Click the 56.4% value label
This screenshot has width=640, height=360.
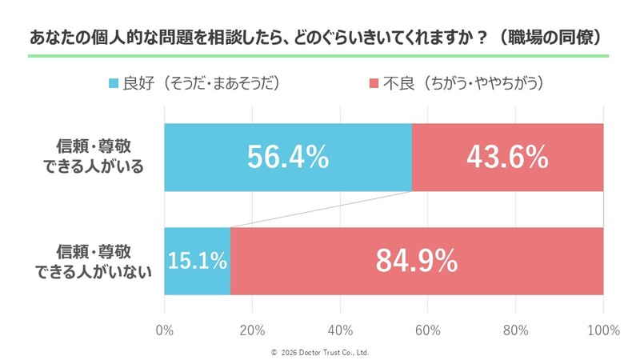point(288,157)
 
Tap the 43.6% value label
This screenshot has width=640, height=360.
point(508,157)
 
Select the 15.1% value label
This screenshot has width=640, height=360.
point(198,261)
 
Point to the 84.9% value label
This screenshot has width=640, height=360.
point(417,261)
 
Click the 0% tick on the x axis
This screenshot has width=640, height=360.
point(164,330)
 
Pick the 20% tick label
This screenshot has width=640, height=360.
point(252,330)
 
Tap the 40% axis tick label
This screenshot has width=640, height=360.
point(340,330)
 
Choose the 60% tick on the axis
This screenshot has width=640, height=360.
point(428,330)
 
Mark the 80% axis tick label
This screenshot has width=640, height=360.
point(516,330)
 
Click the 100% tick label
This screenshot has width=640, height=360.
point(602,330)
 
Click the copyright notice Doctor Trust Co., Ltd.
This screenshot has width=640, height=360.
point(320,352)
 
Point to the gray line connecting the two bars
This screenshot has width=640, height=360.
point(320,210)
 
